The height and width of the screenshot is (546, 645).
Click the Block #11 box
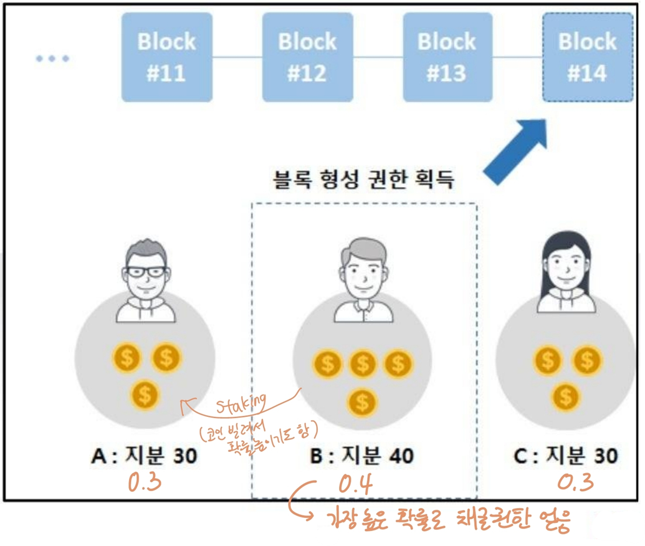(x=166, y=57)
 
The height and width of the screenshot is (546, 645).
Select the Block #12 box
(x=307, y=57)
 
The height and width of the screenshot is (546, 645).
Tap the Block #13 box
(x=447, y=57)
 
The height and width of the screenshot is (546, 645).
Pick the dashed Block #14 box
(x=587, y=57)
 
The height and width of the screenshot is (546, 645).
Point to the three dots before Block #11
(x=52, y=59)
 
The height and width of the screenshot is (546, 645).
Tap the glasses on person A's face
(x=146, y=272)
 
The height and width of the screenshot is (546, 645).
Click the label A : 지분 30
(x=144, y=456)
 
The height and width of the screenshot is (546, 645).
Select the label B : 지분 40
(x=361, y=456)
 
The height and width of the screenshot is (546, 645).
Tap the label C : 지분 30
(x=566, y=456)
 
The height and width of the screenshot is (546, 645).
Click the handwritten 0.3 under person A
(x=145, y=483)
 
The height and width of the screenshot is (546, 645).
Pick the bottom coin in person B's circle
(x=362, y=402)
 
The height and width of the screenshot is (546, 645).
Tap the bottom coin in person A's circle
(x=146, y=394)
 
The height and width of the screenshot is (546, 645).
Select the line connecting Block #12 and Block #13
(x=378, y=57)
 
